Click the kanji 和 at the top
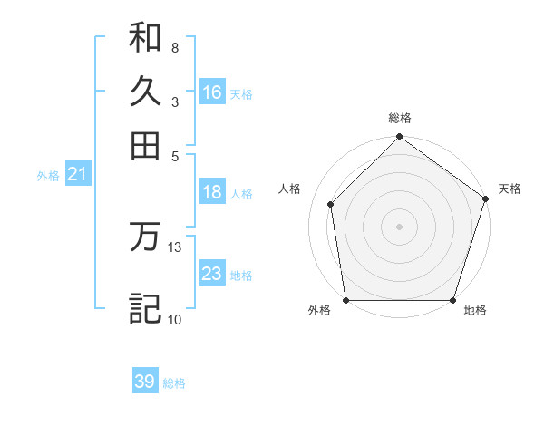coord(145,38)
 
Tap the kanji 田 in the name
coord(145,145)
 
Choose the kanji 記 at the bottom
coord(145,308)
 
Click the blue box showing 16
coord(212,92)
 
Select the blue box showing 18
coord(212,192)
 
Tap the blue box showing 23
coord(212,274)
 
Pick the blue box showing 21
coord(77,174)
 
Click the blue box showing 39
coord(145,382)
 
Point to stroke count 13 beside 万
coord(175,247)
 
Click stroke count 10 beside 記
coord(174,319)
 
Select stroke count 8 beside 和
coord(174,47)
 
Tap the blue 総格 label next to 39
coord(174,383)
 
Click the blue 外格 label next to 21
coord(48,176)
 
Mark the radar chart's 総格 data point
coord(399,139)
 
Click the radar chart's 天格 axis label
coord(510,189)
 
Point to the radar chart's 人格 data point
coord(331,204)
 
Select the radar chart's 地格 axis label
coord(475,310)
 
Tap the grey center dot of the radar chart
coord(399,226)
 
